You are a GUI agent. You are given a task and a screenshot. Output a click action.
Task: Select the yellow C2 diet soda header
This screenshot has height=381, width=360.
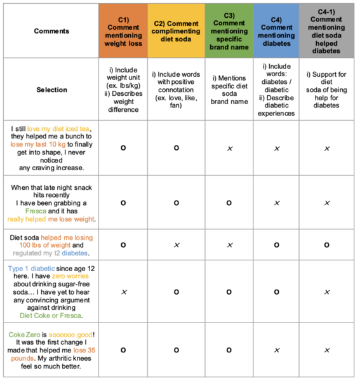[x=177, y=30]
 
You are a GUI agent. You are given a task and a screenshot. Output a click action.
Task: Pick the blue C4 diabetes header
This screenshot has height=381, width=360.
[x=276, y=30]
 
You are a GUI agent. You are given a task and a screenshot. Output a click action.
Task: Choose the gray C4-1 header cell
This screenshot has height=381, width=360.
[x=326, y=30]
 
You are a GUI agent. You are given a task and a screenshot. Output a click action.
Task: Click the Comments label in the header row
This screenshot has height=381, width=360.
[x=51, y=30]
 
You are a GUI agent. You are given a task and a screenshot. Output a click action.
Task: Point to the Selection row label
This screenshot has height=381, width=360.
[x=51, y=90]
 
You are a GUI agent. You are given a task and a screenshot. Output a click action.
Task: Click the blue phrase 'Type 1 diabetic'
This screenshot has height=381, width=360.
[x=32, y=268]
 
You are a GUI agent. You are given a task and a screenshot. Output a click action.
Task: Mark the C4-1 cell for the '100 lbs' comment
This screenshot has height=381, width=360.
[x=326, y=244]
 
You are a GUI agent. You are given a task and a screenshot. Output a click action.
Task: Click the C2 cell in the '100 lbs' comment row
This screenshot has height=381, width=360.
[x=177, y=244]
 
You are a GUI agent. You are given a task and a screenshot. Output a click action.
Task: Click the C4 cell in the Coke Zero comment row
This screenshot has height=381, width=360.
[x=276, y=349]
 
